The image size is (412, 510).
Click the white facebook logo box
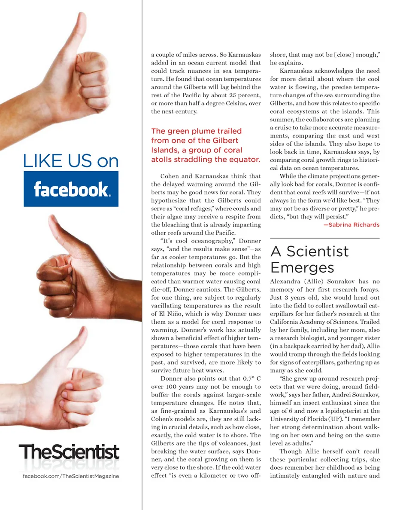pyautogui.click(x=71, y=189)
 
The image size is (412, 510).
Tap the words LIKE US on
pyautogui.click(x=71, y=162)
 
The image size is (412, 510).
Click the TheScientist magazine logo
pyautogui.click(x=69, y=453)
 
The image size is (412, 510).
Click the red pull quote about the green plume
pyautogui.click(x=206, y=145)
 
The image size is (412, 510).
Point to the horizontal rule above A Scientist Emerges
pyautogui.click(x=324, y=238)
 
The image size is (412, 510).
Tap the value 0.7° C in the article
pyautogui.click(x=249, y=378)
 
